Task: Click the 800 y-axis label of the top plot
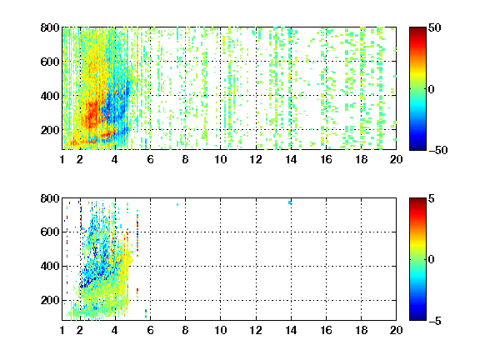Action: [50, 27]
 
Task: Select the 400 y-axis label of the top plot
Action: [50, 96]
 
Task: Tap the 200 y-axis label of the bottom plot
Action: [50, 300]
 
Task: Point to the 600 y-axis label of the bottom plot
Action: [50, 232]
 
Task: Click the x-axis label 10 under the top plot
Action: [220, 159]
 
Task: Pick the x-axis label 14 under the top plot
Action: [291, 159]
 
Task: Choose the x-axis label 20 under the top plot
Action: [396, 159]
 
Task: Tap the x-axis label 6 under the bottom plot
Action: [150, 330]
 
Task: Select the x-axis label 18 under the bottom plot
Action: [361, 330]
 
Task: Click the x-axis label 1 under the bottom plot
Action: [62, 330]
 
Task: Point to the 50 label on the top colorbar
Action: [434, 27]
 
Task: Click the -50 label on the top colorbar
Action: [437, 150]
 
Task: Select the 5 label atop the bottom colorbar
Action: [432, 198]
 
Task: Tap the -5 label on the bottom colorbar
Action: [435, 321]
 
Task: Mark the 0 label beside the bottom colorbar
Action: [432, 260]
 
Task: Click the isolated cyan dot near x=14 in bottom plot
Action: [290, 202]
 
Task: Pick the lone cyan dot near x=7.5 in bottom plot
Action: [177, 204]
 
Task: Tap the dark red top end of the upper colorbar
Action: [417, 28]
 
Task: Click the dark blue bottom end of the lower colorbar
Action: [417, 319]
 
